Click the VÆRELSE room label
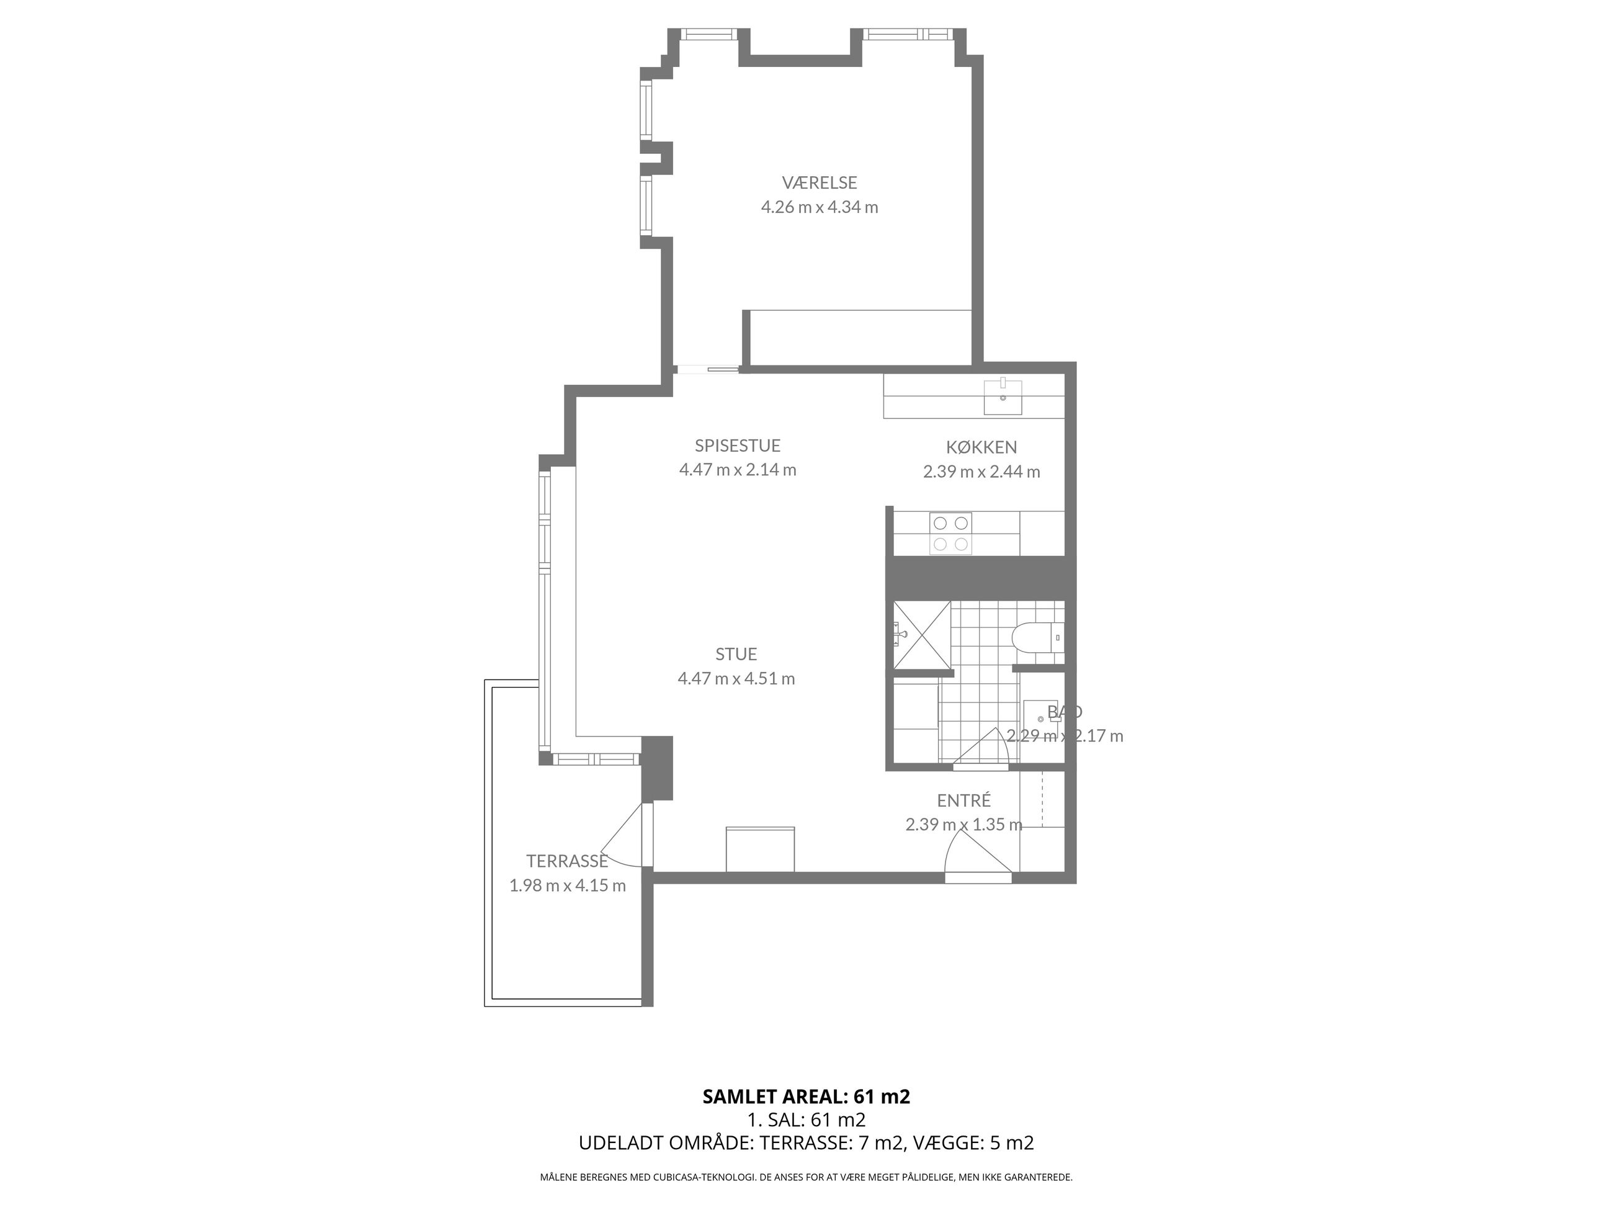pos(820,182)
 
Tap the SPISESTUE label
pos(737,446)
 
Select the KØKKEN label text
pos(981,447)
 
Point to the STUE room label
pos(736,654)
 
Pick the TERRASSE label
pos(567,861)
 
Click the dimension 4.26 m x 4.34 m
pos(820,207)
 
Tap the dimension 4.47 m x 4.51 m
pos(736,679)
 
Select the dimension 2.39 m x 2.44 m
pos(981,472)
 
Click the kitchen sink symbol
pos(1003,397)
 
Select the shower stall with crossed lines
pos(922,635)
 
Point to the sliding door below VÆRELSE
pos(707,369)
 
